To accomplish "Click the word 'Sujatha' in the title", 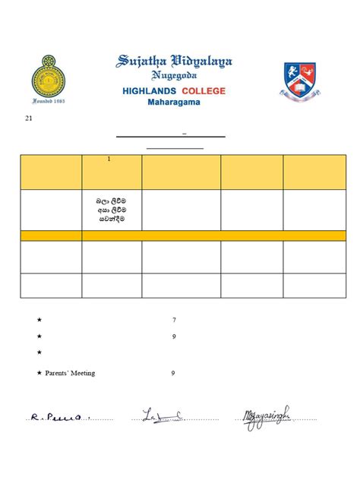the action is click(143, 62).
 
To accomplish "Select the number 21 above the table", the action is click(29, 118).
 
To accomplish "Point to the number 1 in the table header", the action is click(109, 159).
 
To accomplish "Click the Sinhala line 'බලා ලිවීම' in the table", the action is click(111, 200).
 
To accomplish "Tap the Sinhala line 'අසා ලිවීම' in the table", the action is click(111, 209).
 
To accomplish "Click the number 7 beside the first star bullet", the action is click(174, 320).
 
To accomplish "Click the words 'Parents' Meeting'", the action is click(70, 373).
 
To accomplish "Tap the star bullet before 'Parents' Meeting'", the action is click(39, 373).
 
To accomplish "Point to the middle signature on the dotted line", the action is click(162, 415).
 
